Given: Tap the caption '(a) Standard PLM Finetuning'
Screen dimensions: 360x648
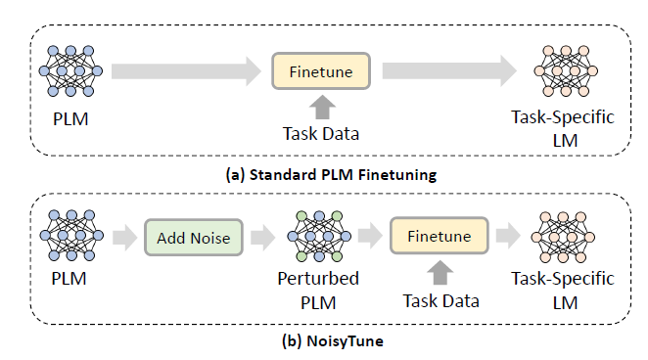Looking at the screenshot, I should tap(324, 176).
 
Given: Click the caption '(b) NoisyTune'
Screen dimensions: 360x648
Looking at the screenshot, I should tap(324, 342).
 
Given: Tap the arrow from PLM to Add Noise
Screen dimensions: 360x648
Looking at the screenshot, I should tap(122, 238).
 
